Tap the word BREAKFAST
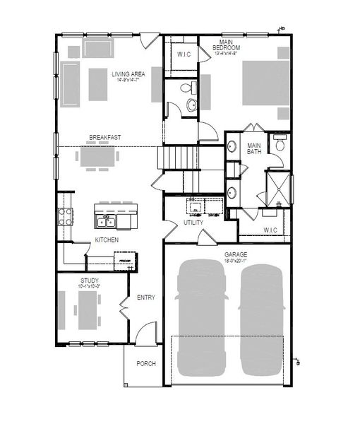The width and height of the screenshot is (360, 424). pos(102,137)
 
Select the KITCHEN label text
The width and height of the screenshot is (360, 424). pos(107,240)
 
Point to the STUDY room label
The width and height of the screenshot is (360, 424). pos(88,281)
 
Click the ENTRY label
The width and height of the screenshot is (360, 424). pos(145,298)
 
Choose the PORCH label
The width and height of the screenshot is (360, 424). pos(145,364)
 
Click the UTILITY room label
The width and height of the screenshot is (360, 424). pos(193,223)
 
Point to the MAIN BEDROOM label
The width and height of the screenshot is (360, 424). pos(227,47)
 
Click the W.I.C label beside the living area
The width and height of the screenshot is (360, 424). pos(185,54)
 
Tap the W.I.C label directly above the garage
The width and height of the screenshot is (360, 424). pos(270,230)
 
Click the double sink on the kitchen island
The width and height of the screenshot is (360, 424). pos(108,223)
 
